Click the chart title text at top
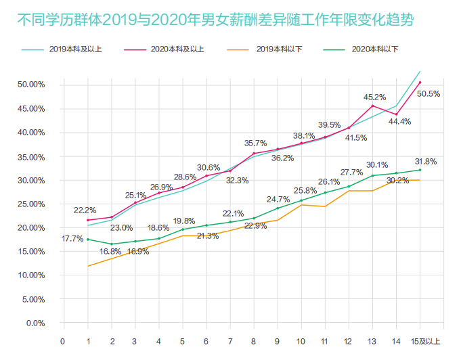pos(215,20)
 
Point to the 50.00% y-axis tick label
pos(30,85)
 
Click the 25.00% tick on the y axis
pos(30,204)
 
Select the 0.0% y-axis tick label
pos(35,323)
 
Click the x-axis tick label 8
pos(253,341)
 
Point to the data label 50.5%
pos(429,94)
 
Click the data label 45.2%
pos(374,97)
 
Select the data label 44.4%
pos(399,122)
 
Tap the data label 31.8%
pos(426,162)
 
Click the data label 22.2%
pos(85,210)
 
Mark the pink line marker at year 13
pos(373,106)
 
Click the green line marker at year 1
pos(88,239)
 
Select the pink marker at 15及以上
pos(420,83)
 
